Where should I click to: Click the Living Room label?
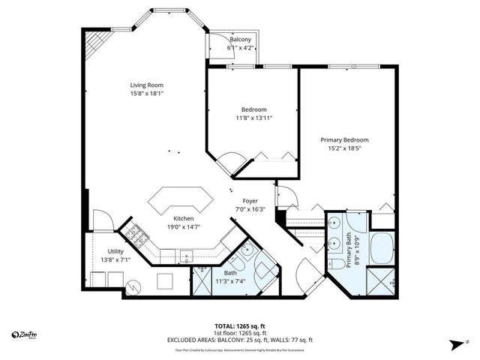(147, 85)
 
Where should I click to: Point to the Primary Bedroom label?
(344, 139)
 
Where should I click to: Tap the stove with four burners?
(135, 236)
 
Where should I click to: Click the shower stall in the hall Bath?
(202, 281)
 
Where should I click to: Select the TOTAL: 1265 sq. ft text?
(239, 326)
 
